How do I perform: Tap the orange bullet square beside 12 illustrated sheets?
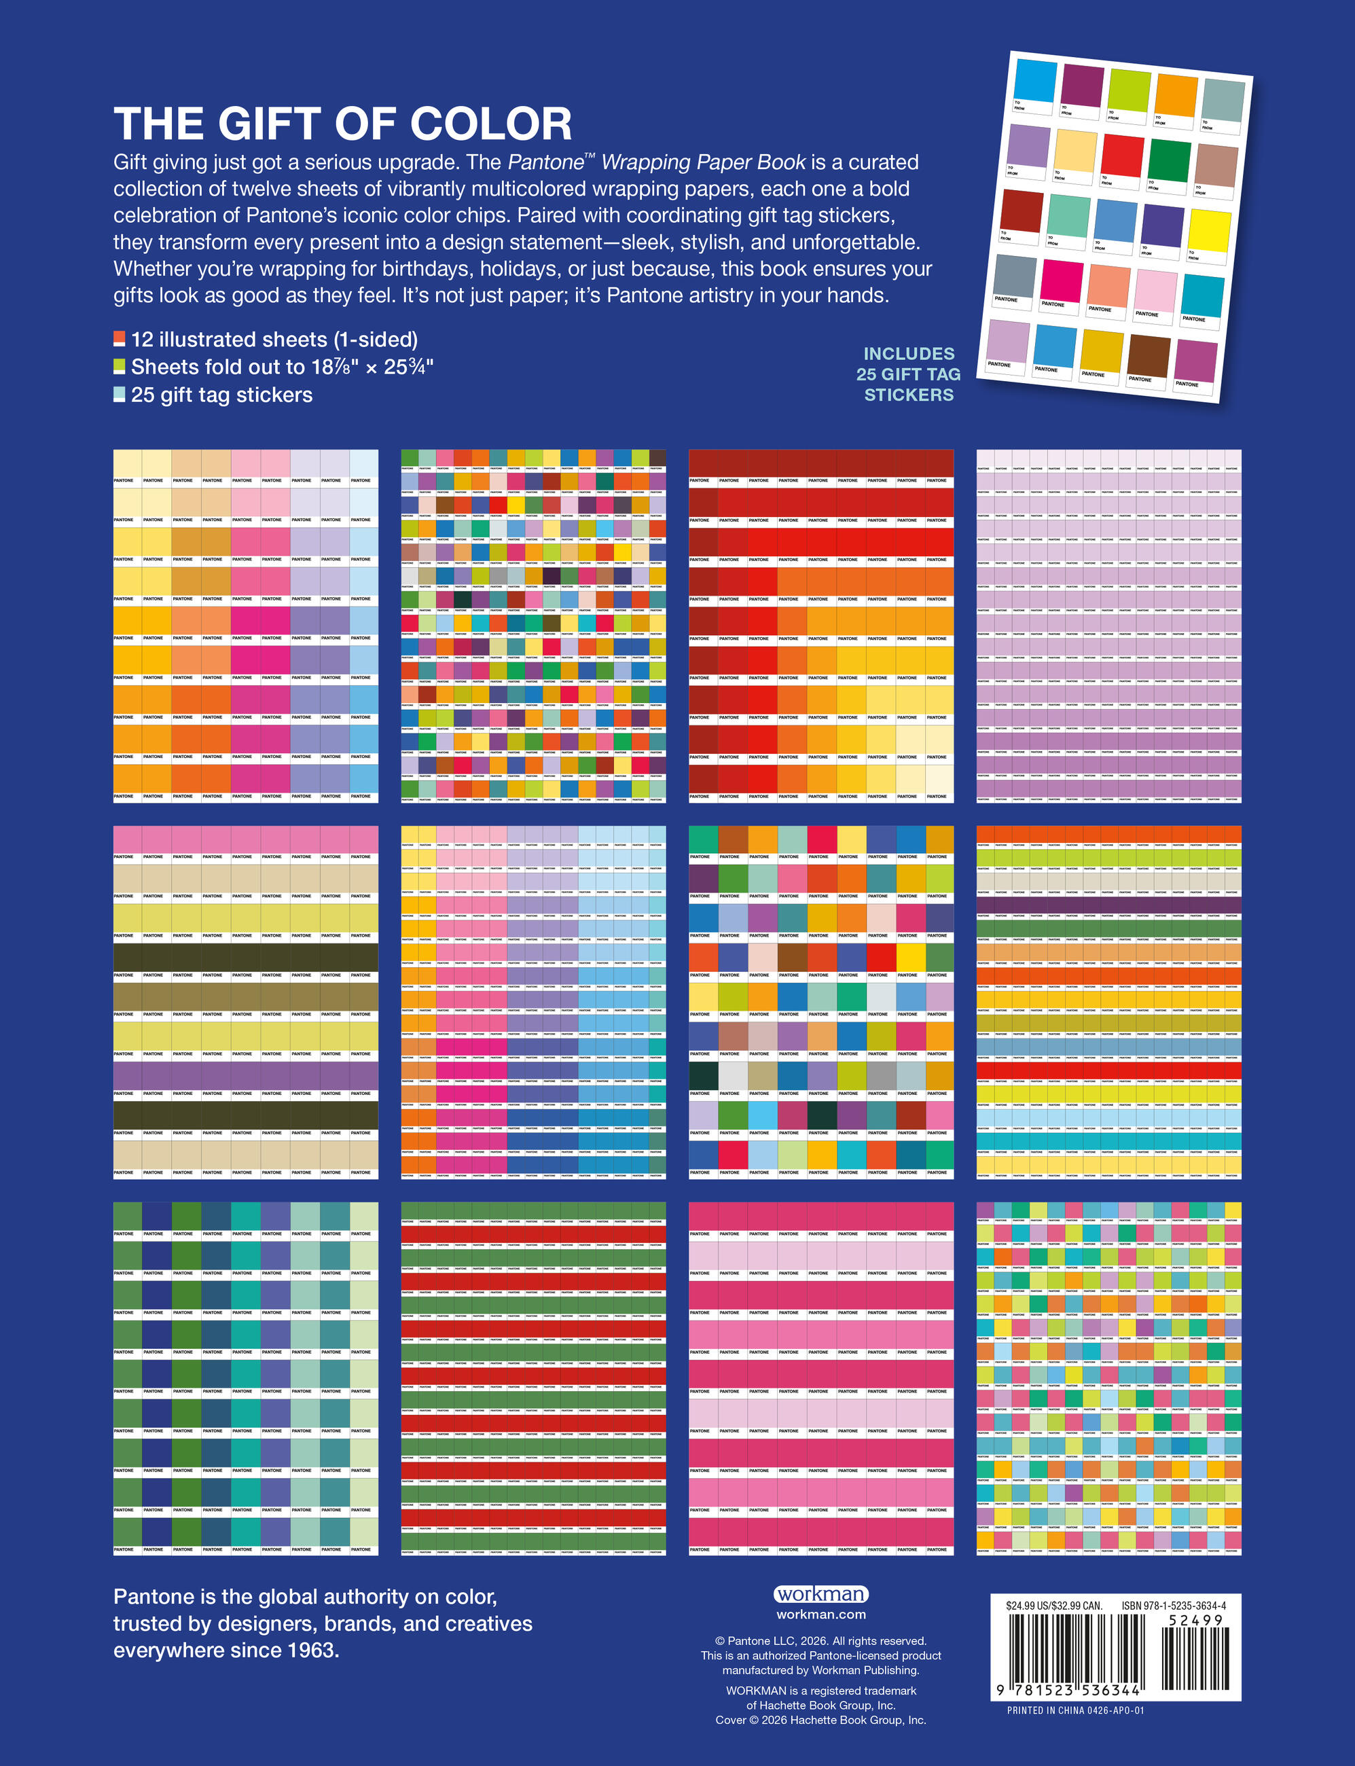(x=120, y=339)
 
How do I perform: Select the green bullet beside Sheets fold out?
(x=120, y=366)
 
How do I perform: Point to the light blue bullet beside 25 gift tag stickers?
(x=120, y=395)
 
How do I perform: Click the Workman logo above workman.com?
(x=821, y=1594)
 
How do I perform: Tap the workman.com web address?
(x=821, y=1615)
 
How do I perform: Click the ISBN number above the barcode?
(x=1174, y=1606)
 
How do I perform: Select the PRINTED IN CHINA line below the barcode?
(x=1075, y=1710)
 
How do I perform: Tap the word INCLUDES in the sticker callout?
(x=909, y=353)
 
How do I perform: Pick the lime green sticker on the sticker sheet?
(x=1128, y=90)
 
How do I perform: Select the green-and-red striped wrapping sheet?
(x=533, y=1378)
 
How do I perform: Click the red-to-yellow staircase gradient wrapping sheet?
(x=821, y=626)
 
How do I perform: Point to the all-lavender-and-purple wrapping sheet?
(x=1108, y=626)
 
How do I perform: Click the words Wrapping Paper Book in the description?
(x=704, y=162)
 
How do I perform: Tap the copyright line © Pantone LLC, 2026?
(x=821, y=1641)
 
